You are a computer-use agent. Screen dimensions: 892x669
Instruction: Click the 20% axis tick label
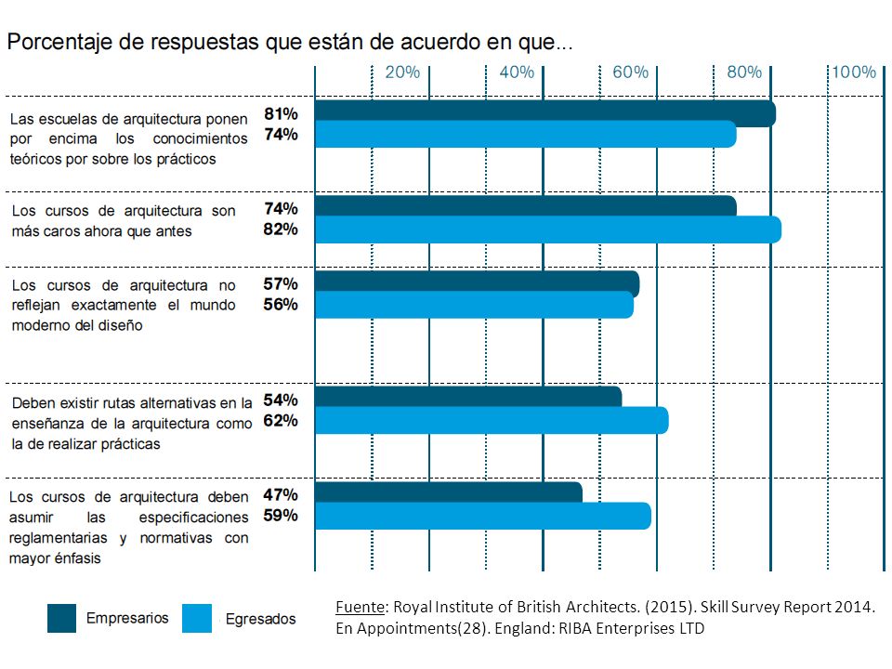pyautogui.click(x=402, y=72)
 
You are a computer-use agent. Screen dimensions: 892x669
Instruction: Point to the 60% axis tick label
pyautogui.click(x=630, y=72)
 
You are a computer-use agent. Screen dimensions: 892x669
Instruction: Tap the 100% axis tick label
pyautogui.click(x=854, y=72)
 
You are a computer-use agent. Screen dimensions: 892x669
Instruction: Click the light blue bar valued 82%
pyautogui.click(x=548, y=230)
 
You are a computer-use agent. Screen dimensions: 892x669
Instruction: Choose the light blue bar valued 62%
pyautogui.click(x=492, y=420)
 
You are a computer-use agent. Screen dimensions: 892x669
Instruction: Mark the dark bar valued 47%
pyautogui.click(x=448, y=492)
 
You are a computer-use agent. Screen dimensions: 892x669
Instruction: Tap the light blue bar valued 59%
pyautogui.click(x=483, y=516)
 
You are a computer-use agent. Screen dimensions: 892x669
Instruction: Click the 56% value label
pyautogui.click(x=281, y=305)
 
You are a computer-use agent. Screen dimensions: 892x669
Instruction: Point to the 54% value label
pyautogui.click(x=281, y=400)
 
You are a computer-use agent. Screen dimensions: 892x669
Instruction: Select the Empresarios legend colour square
pyautogui.click(x=61, y=618)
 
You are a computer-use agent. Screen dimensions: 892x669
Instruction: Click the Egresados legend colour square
pyautogui.click(x=197, y=618)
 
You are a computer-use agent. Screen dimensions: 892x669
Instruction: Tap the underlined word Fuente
pyautogui.click(x=361, y=607)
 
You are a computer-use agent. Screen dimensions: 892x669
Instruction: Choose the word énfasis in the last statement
pyautogui.click(x=78, y=558)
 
